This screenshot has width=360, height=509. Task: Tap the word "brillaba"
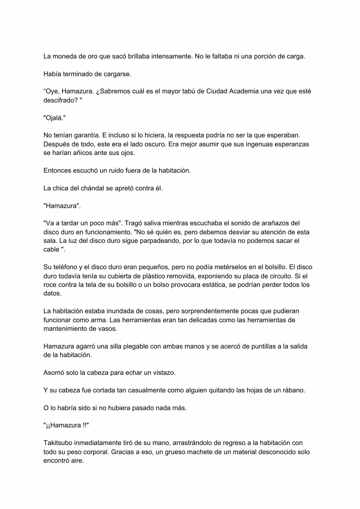pos(139,56)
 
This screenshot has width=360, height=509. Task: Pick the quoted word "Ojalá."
pos(55,118)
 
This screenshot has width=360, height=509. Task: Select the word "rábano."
pos(293,390)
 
